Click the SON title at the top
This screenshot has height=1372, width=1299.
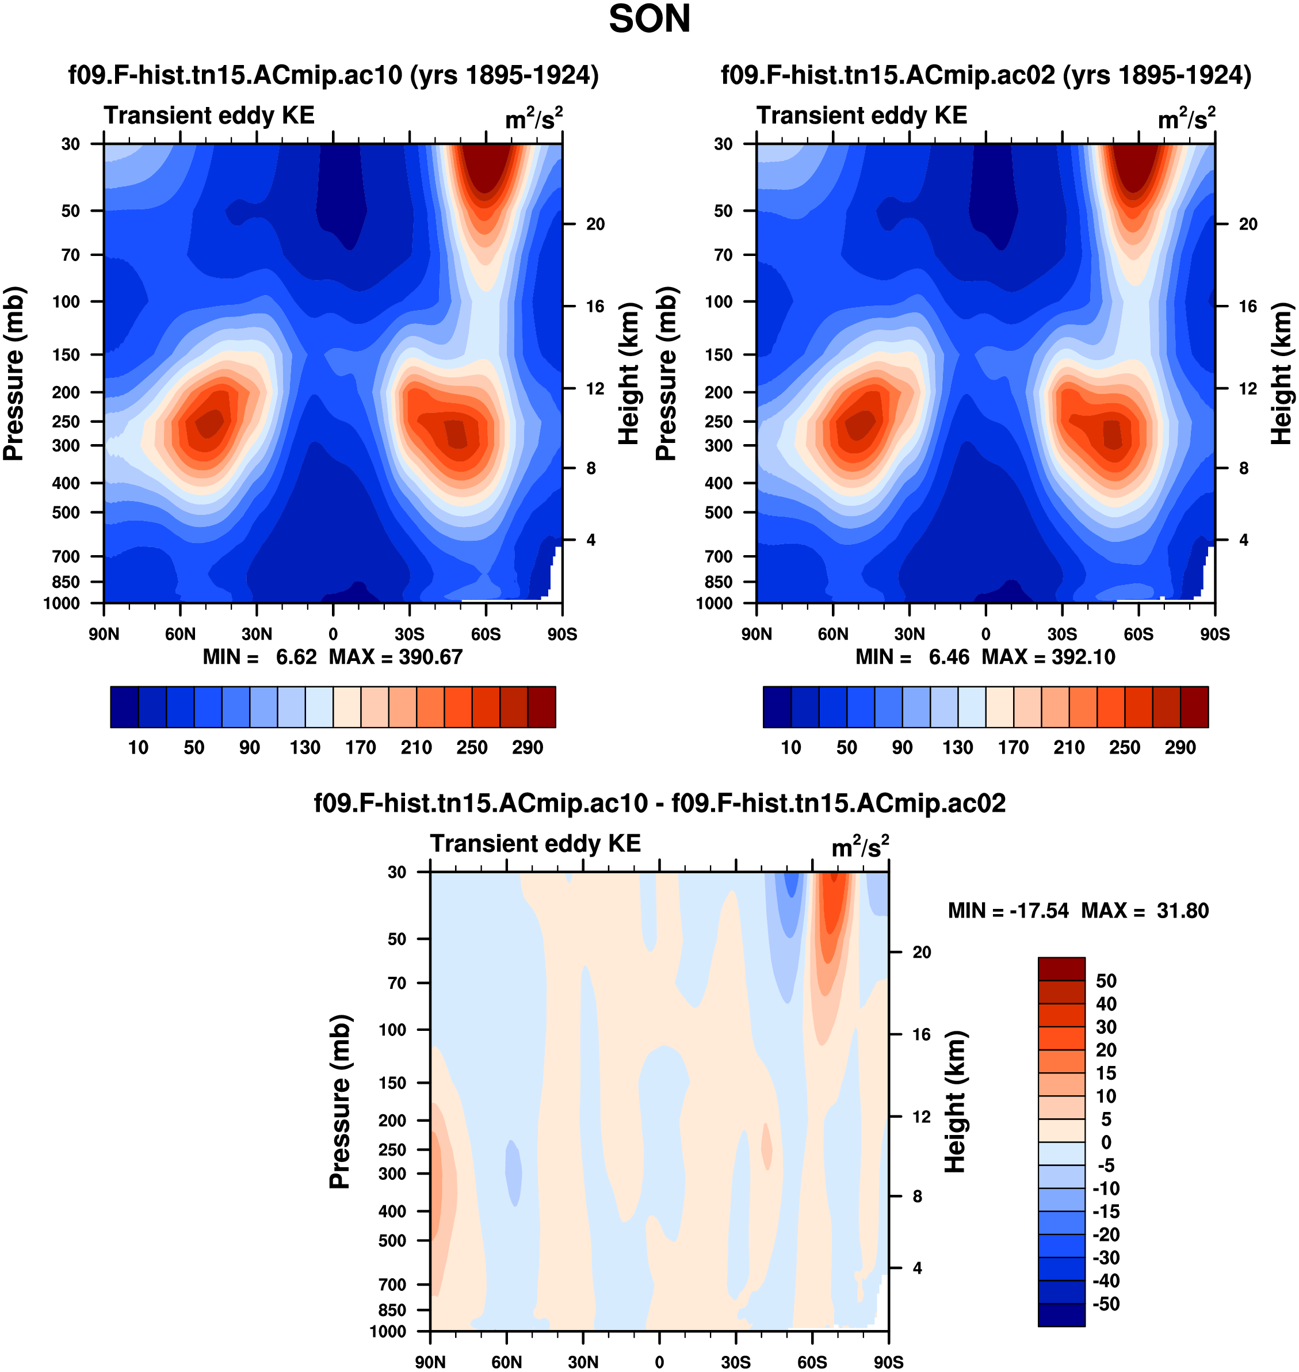point(649,20)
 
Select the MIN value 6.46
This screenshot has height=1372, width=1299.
point(949,657)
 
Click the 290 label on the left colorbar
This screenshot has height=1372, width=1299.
point(528,748)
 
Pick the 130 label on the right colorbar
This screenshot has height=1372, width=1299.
point(958,748)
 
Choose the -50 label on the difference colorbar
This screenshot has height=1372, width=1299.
point(1106,1304)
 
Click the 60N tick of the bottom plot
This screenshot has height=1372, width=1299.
point(507,1362)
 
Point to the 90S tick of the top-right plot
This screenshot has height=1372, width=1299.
point(1215,634)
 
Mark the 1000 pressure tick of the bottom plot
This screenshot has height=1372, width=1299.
point(388,1331)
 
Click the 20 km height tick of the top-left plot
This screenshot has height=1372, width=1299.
point(595,224)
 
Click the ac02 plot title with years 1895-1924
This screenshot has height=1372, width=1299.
point(986,75)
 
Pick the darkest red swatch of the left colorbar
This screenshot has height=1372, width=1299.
point(541,707)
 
